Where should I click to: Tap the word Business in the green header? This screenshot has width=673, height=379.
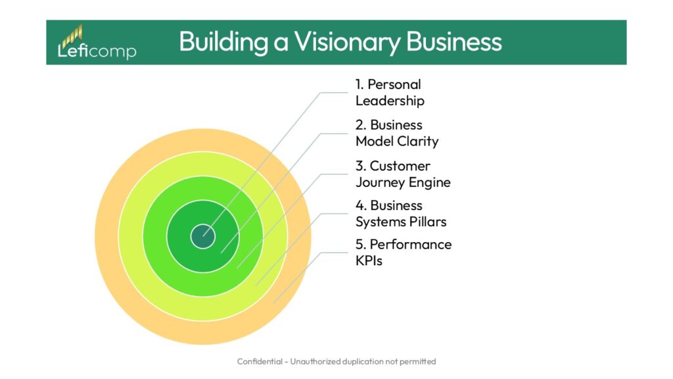(x=454, y=42)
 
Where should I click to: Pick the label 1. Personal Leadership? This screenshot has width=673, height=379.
(x=389, y=92)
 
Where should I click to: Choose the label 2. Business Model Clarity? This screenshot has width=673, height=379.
(x=396, y=133)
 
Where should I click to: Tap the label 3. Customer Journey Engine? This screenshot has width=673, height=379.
(x=402, y=174)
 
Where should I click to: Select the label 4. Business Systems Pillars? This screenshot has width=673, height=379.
(x=400, y=214)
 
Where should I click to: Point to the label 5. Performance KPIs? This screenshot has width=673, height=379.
(x=403, y=252)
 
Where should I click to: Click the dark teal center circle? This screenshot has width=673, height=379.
(x=202, y=236)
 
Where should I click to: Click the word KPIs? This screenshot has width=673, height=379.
(x=369, y=261)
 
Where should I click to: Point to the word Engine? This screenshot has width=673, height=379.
(x=431, y=182)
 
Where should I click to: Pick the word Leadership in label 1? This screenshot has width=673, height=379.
(x=389, y=101)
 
